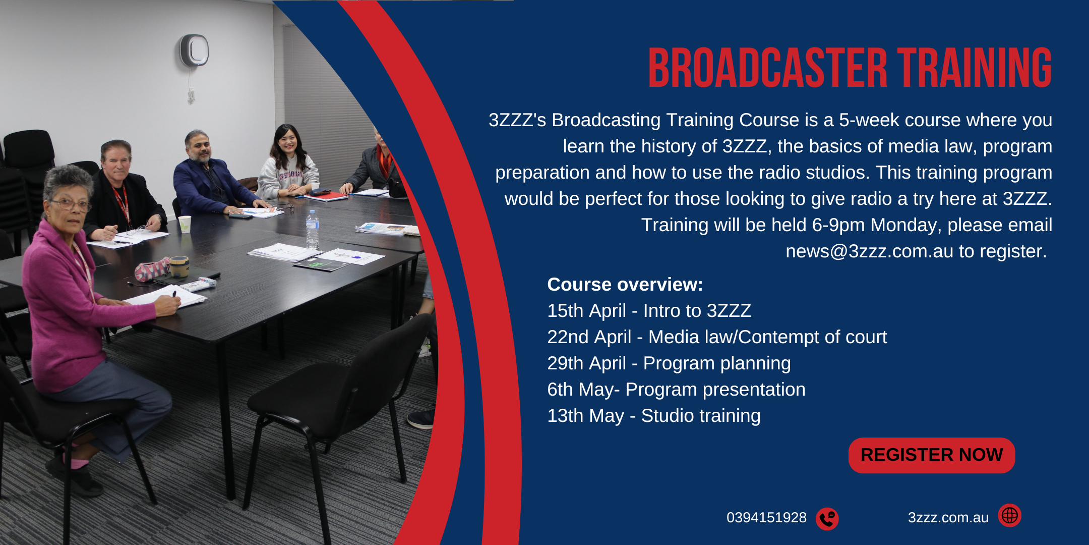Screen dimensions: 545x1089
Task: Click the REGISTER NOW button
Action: (x=931, y=455)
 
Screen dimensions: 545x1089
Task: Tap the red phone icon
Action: (x=827, y=518)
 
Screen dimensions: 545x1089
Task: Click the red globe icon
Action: (x=1009, y=515)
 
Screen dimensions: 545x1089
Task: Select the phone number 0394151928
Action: (x=766, y=518)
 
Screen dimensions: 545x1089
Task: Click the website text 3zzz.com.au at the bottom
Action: (x=948, y=518)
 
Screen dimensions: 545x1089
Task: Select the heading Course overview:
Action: (x=625, y=285)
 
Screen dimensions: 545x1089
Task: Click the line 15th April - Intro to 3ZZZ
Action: (x=649, y=311)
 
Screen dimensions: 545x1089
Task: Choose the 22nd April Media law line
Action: (x=716, y=337)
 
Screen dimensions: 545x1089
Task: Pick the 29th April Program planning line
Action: (x=669, y=363)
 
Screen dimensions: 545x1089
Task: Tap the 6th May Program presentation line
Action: (x=676, y=390)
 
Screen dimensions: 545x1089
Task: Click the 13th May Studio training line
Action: (x=653, y=416)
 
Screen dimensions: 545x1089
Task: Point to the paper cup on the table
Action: (x=185, y=224)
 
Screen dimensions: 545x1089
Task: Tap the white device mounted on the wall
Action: (x=195, y=50)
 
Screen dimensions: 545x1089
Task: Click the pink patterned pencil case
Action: (x=152, y=269)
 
